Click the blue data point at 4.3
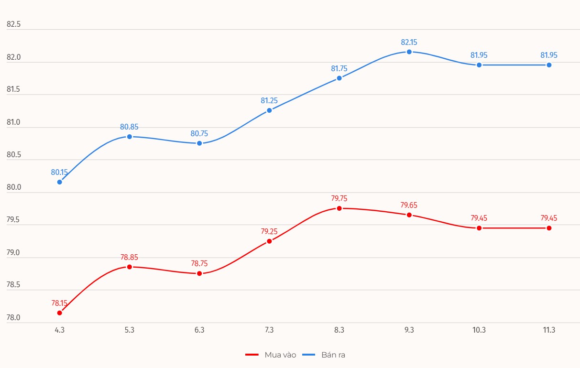click(59, 182)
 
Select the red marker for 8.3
click(339, 208)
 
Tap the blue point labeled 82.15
click(409, 52)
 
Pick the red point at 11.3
click(549, 228)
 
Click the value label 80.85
click(129, 127)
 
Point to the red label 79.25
click(269, 231)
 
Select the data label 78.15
click(59, 303)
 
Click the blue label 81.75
click(339, 68)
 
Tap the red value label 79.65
click(409, 206)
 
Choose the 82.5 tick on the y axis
click(14, 25)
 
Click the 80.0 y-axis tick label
click(14, 187)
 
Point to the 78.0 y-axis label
click(14, 318)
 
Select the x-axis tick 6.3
click(199, 330)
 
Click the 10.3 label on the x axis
click(479, 330)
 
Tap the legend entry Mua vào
click(280, 355)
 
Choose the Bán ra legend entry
click(333, 355)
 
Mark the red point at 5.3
click(129, 267)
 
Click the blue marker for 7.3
click(269, 110)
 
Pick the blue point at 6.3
click(199, 143)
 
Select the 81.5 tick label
click(14, 90)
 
